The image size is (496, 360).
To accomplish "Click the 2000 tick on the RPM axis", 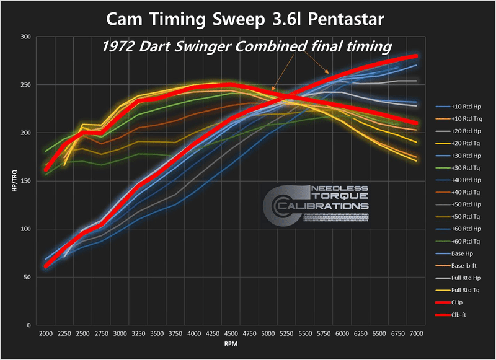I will point(46,334).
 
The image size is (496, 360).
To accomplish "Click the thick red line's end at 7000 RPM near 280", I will point(415,56).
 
